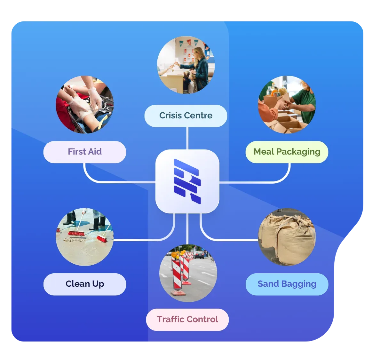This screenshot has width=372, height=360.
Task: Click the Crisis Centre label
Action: coord(186,116)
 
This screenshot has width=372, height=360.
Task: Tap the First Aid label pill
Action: coord(85,152)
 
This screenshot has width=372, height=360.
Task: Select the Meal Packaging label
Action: coord(287,152)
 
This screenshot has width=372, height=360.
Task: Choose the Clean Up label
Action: coord(85,284)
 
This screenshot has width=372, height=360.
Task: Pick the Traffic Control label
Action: coord(187,320)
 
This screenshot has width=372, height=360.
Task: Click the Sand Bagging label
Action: coord(287,284)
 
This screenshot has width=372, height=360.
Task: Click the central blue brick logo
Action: coord(187,181)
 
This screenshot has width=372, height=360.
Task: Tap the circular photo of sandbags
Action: coord(287,237)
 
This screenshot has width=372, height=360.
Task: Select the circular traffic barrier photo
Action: coord(188,273)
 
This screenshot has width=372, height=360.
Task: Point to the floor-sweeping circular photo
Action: coord(85,237)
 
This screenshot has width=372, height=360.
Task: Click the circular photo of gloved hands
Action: coord(85,105)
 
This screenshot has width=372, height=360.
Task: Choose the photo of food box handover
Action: coord(287,105)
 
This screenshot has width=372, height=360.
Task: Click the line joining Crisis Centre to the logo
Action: coord(187,138)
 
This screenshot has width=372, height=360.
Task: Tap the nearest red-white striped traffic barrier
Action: coord(177,276)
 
